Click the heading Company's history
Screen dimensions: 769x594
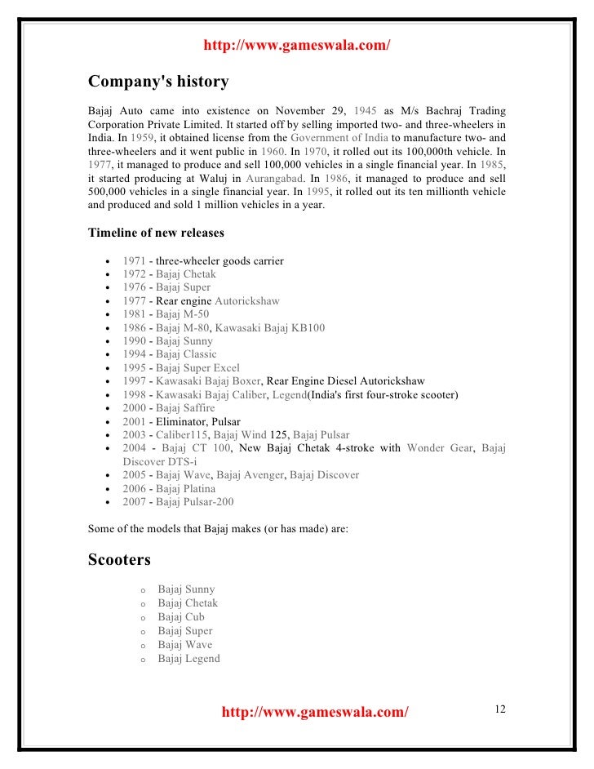click(x=158, y=82)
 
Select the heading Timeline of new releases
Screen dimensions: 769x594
click(x=156, y=233)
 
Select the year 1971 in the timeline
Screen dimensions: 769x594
click(x=135, y=261)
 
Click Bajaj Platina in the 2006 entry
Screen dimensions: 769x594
click(x=186, y=488)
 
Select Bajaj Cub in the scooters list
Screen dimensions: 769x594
click(x=181, y=617)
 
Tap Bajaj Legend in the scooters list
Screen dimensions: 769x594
click(x=188, y=658)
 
